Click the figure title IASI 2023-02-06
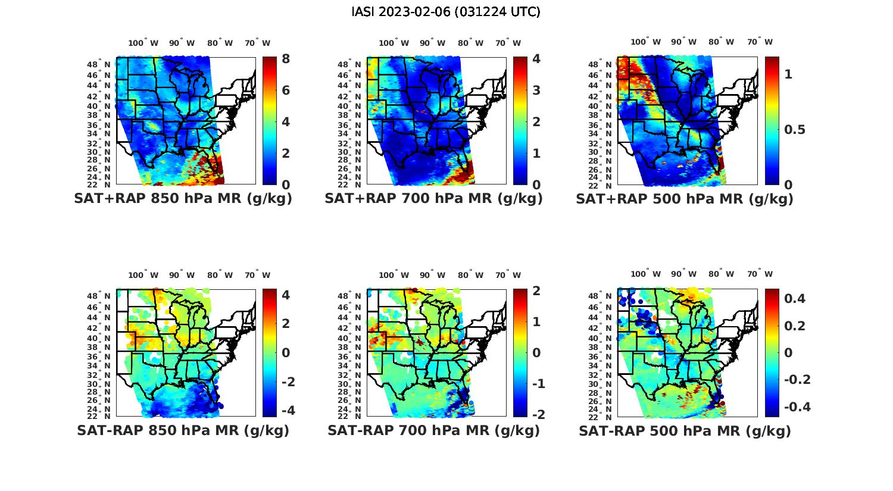click(x=446, y=12)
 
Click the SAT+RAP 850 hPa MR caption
click(x=183, y=199)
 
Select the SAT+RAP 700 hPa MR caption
click(x=433, y=199)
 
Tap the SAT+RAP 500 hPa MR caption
click(x=684, y=199)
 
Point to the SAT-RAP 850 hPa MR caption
click(x=183, y=430)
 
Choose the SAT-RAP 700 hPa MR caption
click(x=433, y=430)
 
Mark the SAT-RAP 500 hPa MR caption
click(x=685, y=430)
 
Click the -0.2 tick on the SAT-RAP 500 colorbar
click(x=795, y=380)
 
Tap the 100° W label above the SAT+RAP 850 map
click(x=143, y=43)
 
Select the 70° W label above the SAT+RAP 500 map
click(x=760, y=42)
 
